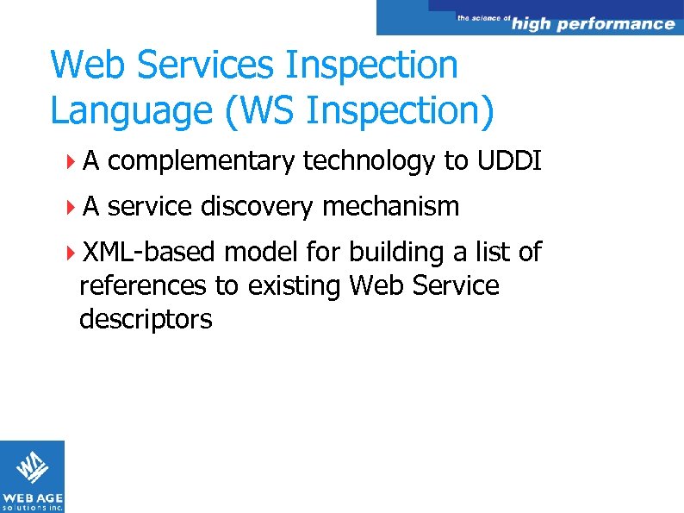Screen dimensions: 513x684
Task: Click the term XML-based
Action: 150,252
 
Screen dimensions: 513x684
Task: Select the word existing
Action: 295,285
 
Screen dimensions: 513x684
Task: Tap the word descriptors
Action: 146,319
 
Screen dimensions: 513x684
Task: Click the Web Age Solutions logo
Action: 32,476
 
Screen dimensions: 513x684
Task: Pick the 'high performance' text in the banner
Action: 593,24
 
